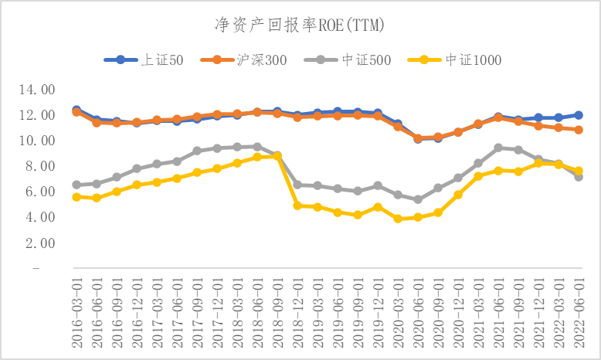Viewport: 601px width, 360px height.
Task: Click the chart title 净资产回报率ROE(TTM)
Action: tap(299, 25)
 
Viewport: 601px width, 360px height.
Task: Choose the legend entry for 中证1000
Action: tap(453, 60)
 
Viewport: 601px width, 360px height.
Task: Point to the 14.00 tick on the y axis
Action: tap(37, 90)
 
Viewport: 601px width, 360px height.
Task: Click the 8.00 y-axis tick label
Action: tap(37, 166)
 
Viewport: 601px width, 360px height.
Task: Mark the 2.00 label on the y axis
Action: tap(37, 243)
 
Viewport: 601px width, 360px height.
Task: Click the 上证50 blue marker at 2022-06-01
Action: tap(579, 115)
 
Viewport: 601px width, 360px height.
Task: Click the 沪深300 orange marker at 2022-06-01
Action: tap(579, 130)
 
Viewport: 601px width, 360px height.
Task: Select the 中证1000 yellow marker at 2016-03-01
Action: tap(76, 197)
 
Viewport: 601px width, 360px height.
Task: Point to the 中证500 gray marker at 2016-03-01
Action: tap(76, 185)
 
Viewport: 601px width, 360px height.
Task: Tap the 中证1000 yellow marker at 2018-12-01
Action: tap(297, 205)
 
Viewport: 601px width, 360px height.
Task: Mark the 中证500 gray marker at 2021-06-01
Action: tap(498, 148)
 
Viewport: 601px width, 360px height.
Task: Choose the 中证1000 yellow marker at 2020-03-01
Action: tap(398, 219)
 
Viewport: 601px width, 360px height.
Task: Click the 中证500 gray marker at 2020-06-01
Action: tap(418, 199)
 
